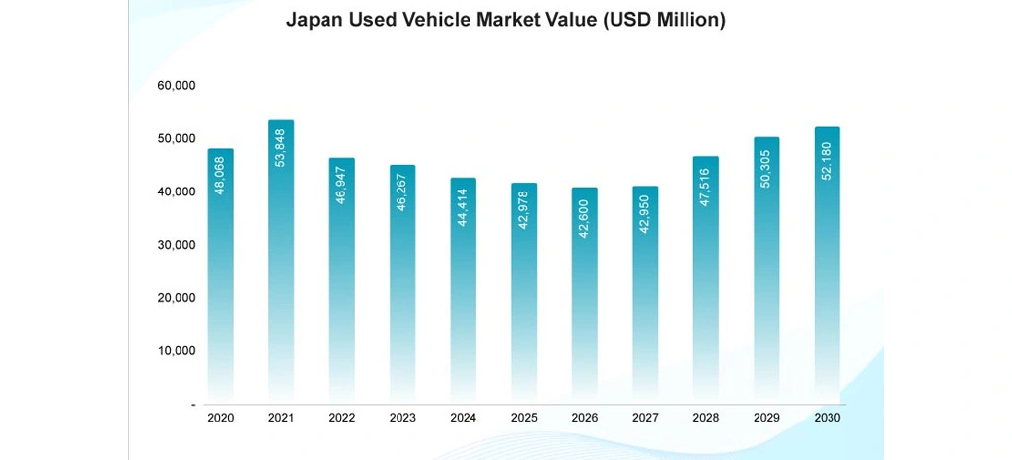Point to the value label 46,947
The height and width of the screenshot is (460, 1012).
click(342, 182)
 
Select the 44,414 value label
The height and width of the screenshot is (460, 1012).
click(464, 204)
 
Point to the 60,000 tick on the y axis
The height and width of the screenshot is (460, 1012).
click(177, 86)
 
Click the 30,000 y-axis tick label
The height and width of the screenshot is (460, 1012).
click(177, 245)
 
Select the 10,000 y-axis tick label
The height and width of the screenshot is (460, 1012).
click(177, 351)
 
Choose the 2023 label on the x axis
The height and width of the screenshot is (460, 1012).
click(402, 419)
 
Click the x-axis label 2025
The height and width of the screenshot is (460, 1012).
click(524, 419)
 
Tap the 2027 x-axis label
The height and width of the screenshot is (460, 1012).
click(645, 419)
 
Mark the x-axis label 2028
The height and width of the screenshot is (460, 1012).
click(706, 419)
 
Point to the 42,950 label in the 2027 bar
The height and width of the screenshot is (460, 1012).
click(646, 211)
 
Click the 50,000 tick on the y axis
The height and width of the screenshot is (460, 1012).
click(177, 139)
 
